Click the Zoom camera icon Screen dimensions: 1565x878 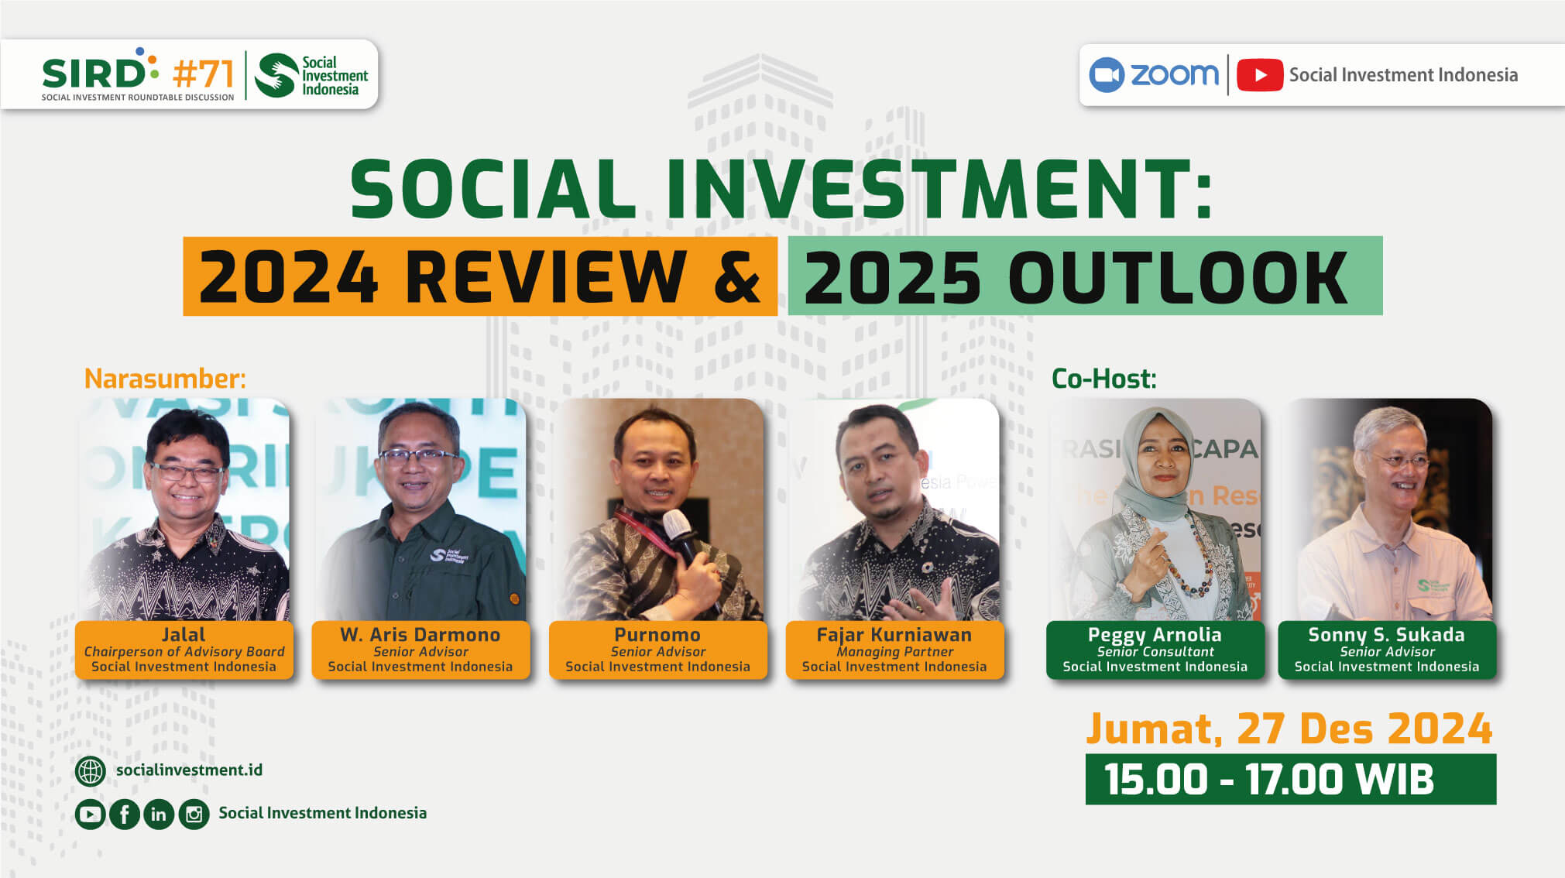[x=1106, y=75]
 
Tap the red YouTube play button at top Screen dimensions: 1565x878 [x=1260, y=75]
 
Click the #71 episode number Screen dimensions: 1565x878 [x=203, y=74]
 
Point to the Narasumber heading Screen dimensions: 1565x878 [x=165, y=379]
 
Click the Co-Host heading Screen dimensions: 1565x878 [x=1103, y=379]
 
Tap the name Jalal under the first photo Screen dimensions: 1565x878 [x=184, y=634]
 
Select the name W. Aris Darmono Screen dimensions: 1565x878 [x=420, y=634]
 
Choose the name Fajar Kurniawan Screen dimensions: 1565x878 [x=894, y=635]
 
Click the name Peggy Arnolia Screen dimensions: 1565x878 [x=1155, y=635]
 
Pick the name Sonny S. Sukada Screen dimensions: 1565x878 [x=1386, y=635]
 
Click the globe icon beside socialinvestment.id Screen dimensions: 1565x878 [x=91, y=771]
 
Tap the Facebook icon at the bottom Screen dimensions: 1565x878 [x=124, y=815]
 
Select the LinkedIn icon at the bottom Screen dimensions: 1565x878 [x=159, y=815]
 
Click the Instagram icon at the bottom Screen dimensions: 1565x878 [x=194, y=815]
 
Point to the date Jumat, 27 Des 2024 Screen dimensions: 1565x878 [x=1289, y=729]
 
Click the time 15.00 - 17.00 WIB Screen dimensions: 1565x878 [x=1269, y=779]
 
